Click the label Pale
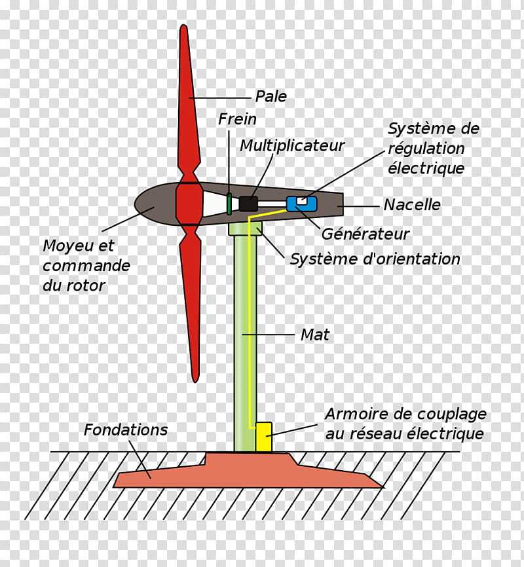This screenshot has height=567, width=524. [x=271, y=96]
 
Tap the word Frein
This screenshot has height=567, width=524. [x=237, y=119]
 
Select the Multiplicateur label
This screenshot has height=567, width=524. [x=292, y=146]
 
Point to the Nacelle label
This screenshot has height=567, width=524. [x=412, y=205]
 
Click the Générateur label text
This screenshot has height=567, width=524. [x=365, y=234]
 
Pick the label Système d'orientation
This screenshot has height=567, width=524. [x=375, y=259]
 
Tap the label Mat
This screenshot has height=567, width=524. [x=315, y=335]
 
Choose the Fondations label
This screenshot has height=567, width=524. [x=126, y=430]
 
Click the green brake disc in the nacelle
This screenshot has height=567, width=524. [x=229, y=204]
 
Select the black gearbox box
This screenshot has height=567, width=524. [x=248, y=204]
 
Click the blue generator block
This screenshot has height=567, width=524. [x=302, y=204]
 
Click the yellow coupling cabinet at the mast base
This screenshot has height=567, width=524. [x=263, y=437]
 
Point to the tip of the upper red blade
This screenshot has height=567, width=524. [x=183, y=26]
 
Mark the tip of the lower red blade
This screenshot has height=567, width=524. [x=195, y=381]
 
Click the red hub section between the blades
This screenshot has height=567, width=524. [x=189, y=204]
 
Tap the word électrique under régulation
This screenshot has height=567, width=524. [x=426, y=168]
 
